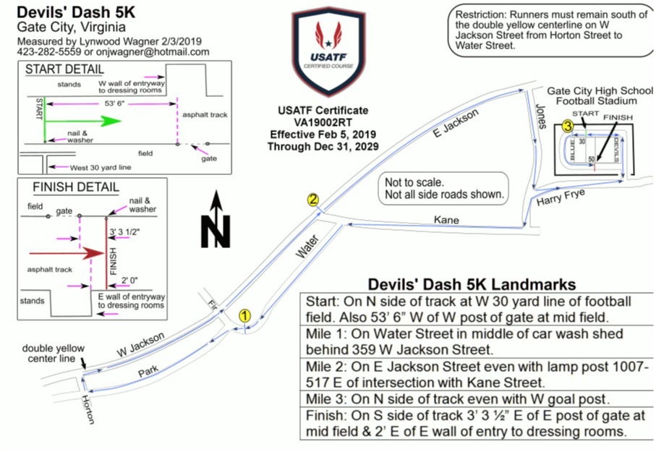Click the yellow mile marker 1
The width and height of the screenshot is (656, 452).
pos(244,315)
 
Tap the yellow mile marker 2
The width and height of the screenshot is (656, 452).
pos(313,200)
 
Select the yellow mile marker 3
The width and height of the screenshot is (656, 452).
pos(567,126)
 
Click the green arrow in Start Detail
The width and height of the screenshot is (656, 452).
pos(83,121)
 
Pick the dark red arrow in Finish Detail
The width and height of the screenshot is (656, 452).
pos(67,253)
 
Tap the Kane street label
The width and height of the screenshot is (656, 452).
pos(446,220)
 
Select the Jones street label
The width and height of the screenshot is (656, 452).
pos(542,116)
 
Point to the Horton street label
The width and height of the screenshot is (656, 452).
pos(88,409)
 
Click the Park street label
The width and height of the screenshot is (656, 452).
pos(148,371)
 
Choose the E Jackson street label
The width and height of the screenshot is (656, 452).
pos(456,123)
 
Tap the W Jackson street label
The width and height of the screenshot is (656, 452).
pos(140,344)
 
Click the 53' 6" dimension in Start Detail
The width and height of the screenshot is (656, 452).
pos(114,103)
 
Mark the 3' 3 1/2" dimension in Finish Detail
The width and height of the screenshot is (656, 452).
pos(124,232)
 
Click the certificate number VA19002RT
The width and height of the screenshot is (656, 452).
pos(323,123)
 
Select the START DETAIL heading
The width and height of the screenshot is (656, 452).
pos(64,69)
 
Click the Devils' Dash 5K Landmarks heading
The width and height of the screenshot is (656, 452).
pos(472,285)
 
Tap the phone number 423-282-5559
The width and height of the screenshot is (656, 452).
pos(49,52)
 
